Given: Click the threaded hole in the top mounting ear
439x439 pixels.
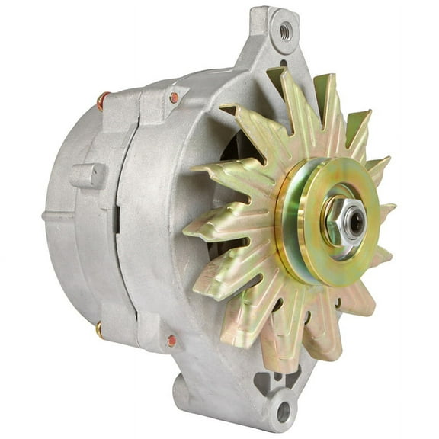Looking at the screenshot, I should tap(285, 30).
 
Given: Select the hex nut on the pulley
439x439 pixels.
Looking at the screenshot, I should tap(340, 221).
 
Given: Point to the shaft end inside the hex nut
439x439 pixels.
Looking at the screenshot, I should tap(353, 221).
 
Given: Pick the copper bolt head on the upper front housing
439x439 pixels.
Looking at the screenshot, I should tap(175, 98).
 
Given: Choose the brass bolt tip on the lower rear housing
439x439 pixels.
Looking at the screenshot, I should tap(99, 329).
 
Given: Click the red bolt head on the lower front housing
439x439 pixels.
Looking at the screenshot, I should tap(171, 341).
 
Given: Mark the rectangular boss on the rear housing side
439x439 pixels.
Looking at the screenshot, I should tap(90, 176).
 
